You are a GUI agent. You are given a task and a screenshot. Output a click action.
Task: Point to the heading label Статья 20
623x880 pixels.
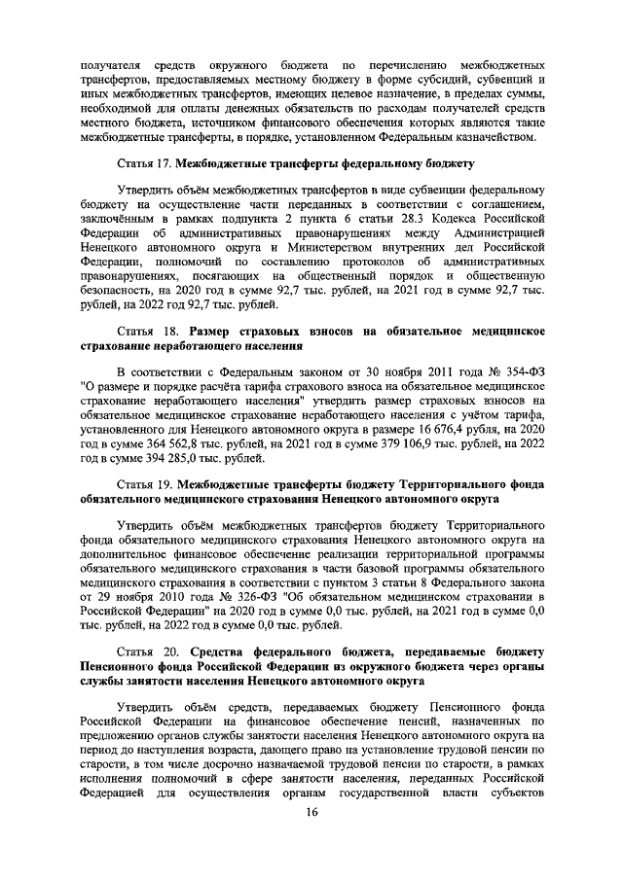click(145, 650)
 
